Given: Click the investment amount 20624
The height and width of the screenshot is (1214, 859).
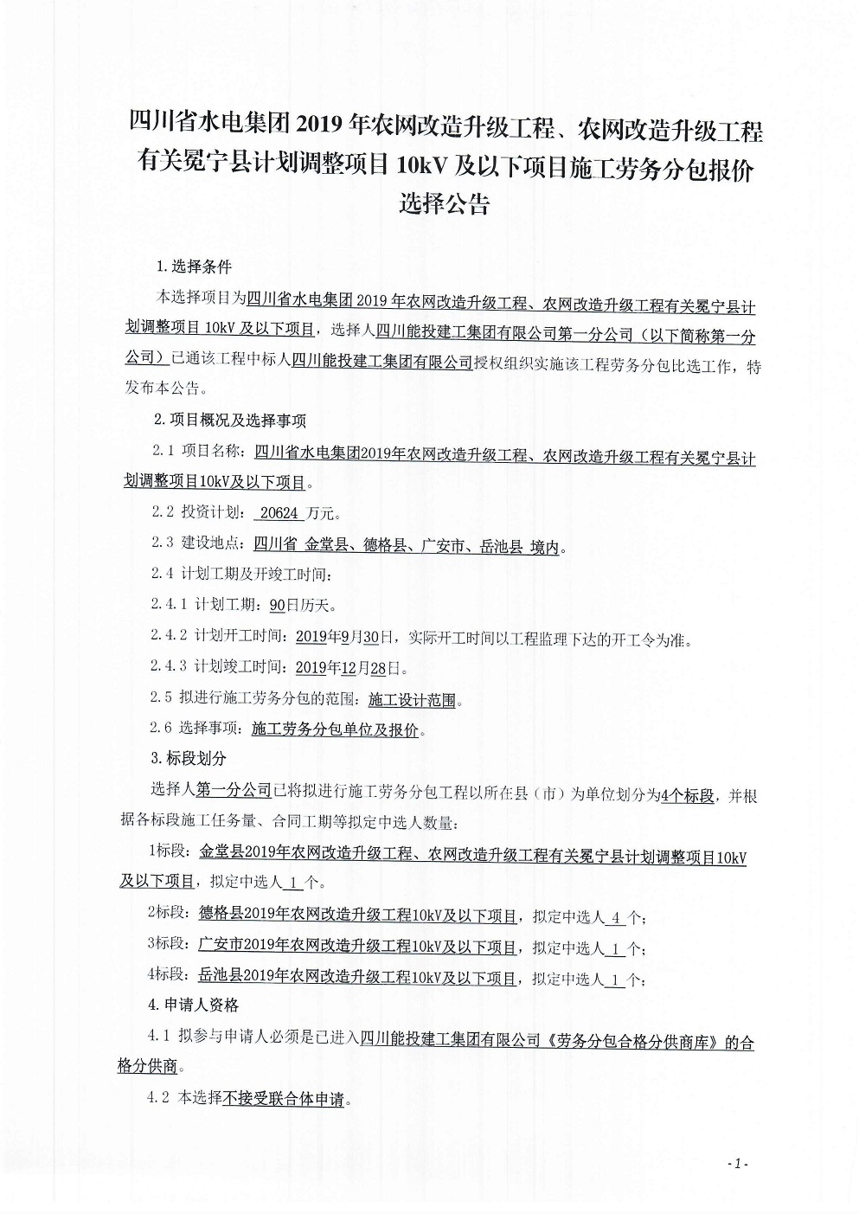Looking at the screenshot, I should coord(279,513).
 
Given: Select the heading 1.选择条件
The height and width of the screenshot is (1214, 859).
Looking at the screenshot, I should coord(194,267).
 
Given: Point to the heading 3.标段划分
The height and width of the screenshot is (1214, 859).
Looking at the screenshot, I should coord(189,758).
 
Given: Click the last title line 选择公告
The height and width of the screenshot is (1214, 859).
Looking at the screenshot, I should coord(444,205).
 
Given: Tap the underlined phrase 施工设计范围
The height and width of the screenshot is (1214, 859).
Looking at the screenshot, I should coord(412,699).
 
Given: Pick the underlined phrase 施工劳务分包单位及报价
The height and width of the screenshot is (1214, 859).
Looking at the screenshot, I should coord(336,730).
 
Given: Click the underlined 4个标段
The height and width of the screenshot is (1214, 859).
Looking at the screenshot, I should coord(687,795).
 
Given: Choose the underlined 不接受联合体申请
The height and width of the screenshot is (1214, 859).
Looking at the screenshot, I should coord(284,1100).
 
